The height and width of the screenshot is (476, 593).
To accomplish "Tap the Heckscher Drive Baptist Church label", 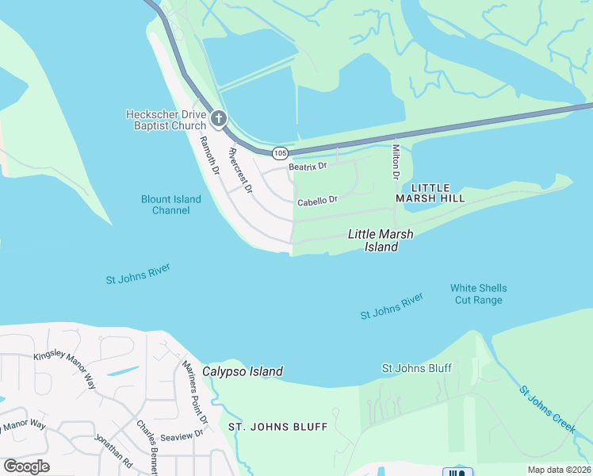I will [x=166, y=120].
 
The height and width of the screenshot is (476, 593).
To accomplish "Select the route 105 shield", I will [x=279, y=152].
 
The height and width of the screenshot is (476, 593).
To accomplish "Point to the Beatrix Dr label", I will [x=308, y=166].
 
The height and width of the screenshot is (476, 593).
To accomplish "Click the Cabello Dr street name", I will [x=318, y=202].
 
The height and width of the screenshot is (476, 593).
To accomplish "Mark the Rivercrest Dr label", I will [x=239, y=171].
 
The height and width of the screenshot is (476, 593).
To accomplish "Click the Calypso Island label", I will [x=243, y=371].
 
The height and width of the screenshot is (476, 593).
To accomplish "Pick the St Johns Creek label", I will [x=547, y=409].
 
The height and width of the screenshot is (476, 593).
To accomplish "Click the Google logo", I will [x=26, y=466].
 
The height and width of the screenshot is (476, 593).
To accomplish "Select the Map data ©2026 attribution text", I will [x=559, y=470].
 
